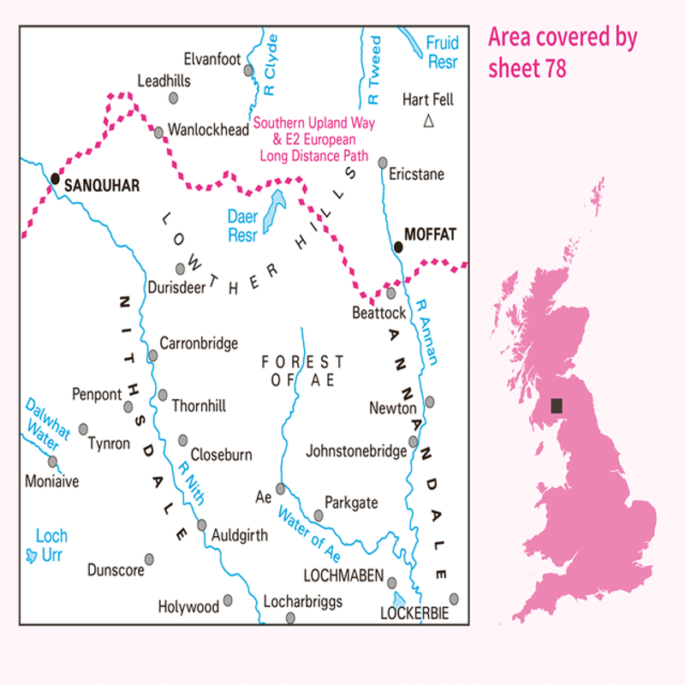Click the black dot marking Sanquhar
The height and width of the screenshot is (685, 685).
coord(55,178)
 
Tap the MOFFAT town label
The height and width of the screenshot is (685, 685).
coord(430,233)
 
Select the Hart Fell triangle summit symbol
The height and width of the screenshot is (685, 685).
coord(429,122)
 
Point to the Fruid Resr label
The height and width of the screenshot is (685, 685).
coord(443,52)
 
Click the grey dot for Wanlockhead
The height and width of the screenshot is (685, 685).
coord(158,133)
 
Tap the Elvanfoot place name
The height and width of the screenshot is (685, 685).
coord(213,59)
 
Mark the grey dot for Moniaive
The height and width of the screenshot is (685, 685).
coord(52,461)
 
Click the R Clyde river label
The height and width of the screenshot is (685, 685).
coord(271,64)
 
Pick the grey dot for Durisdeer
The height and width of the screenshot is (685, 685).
coord(180,268)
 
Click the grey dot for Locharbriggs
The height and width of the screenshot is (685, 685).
coord(290,616)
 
